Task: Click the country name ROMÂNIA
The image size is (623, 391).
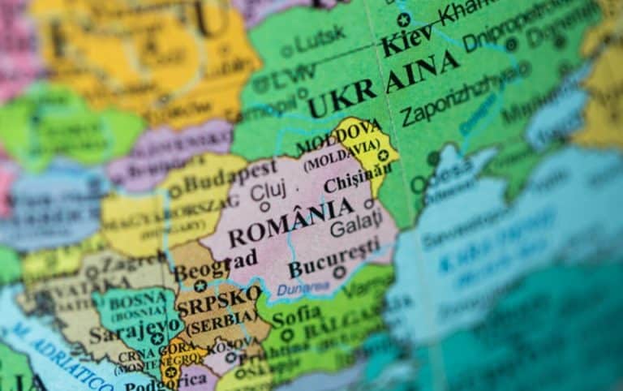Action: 290,225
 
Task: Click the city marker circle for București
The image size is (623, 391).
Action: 339,274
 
